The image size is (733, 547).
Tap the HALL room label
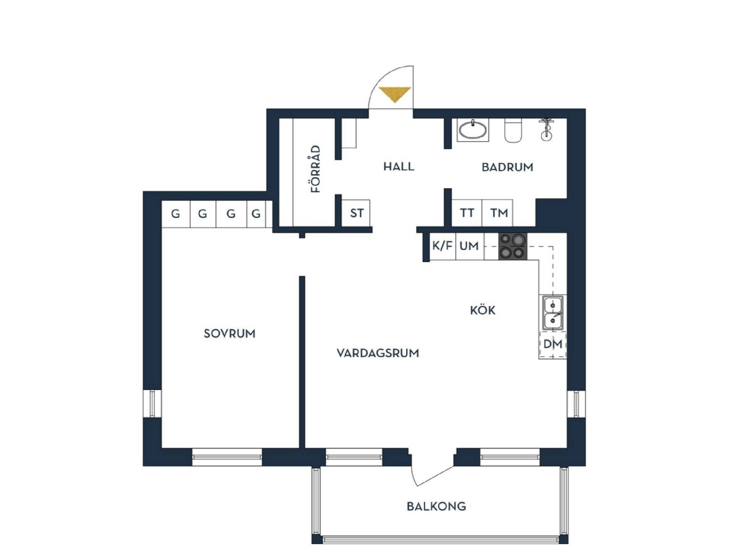coord(399,167)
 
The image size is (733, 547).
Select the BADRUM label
coord(507,167)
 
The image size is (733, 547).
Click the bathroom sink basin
coord(473,130)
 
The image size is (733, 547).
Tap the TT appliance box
coord(467,213)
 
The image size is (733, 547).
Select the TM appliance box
coord(497,213)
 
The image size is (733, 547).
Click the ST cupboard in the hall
coord(356,213)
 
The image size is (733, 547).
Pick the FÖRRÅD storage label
coord(316,169)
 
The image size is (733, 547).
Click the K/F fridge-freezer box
coord(442,246)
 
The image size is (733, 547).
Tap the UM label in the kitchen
coord(469,246)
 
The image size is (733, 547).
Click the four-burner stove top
coord(513,246)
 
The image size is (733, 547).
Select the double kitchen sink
coord(552,313)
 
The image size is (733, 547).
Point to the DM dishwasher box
coord(552,344)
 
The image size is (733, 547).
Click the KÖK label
coord(483,310)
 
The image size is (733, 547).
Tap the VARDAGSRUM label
coord(378,353)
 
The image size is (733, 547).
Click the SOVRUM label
coord(229,333)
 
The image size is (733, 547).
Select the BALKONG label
coord(436,506)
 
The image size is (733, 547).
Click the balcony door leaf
coord(435,476)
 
